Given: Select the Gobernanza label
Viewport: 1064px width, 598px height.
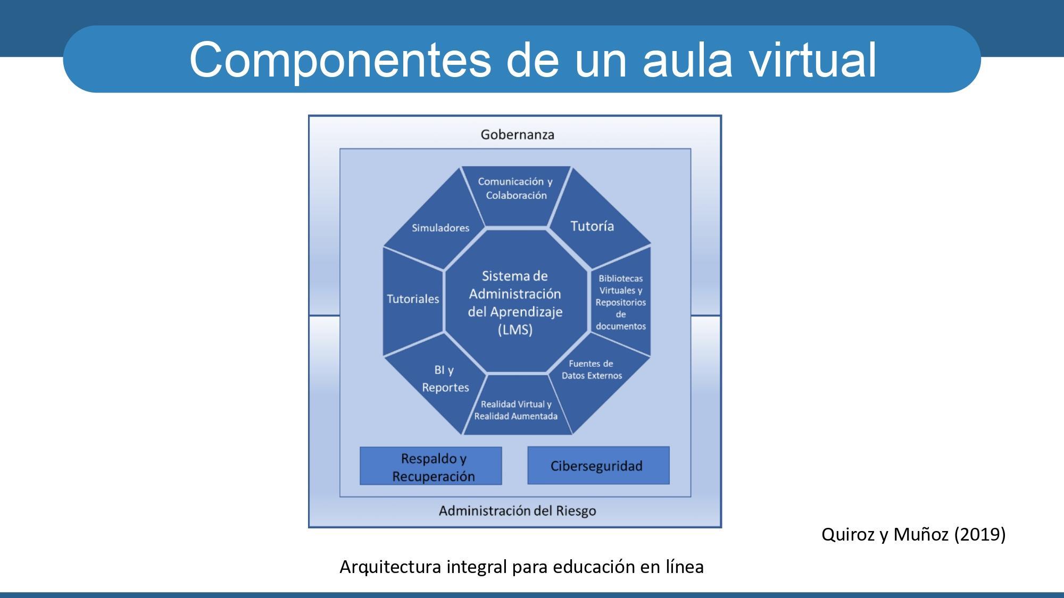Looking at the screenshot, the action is (x=517, y=134).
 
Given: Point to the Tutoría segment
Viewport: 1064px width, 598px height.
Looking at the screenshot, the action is (x=592, y=226).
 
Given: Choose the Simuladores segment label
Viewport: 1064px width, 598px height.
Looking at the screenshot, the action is (x=440, y=228).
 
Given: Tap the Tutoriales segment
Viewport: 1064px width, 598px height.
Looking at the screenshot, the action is (x=413, y=299).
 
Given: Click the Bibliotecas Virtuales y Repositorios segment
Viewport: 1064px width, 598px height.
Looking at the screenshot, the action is (x=620, y=302).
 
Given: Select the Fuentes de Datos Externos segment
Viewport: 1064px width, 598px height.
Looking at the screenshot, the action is (x=592, y=370).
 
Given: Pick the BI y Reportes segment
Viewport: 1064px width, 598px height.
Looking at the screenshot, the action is (x=445, y=378).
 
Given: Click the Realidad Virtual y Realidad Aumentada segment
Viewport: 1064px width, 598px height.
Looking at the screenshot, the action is (x=516, y=410).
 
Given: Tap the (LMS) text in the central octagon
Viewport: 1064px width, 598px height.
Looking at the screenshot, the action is (x=515, y=330).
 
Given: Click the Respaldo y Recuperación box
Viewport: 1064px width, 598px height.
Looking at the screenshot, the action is (x=431, y=466).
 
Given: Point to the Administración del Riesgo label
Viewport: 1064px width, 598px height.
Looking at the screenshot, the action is (x=517, y=511).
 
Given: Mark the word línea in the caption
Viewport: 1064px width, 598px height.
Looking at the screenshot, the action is (x=684, y=567).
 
